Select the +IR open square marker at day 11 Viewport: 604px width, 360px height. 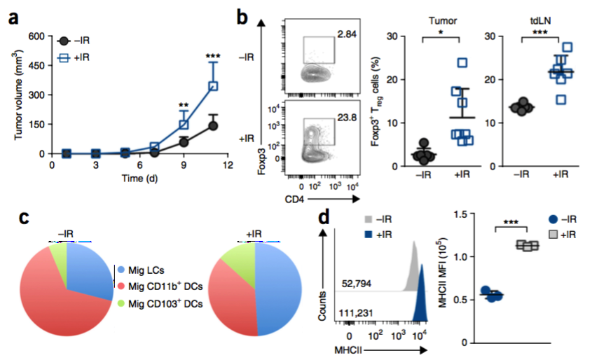click(212, 86)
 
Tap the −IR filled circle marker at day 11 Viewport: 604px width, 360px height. click(212, 126)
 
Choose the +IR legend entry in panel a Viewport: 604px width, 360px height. click(78, 60)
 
